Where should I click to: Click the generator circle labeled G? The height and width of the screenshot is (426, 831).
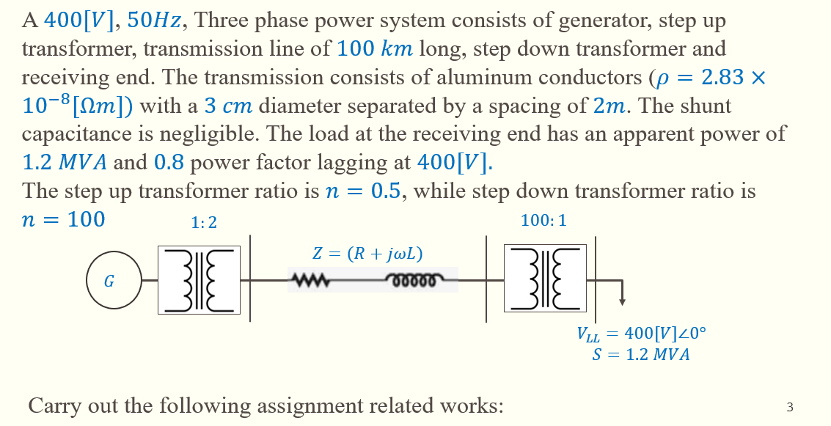coord(114,281)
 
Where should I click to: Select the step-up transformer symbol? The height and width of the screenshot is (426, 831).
coord(199,280)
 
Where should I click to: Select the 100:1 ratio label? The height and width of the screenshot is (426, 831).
coord(543,220)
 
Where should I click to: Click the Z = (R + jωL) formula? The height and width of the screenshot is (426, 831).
coord(367,254)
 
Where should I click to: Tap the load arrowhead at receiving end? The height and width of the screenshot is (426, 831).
coord(622,300)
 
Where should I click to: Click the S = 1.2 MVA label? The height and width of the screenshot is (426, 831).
coord(640,356)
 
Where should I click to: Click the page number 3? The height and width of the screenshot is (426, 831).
coord(789,407)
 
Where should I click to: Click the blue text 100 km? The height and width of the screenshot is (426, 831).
coord(375,49)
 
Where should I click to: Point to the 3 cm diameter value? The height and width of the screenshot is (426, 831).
coord(228,106)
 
